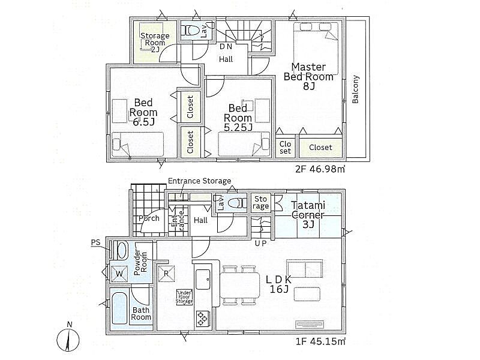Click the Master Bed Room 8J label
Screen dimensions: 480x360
click(x=308, y=77)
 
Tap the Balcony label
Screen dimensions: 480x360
click(x=355, y=89)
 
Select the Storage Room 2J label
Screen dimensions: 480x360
click(x=155, y=43)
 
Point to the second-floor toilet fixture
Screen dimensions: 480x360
click(x=191, y=31)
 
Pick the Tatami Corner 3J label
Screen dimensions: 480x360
click(x=308, y=215)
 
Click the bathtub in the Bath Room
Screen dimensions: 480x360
click(x=119, y=308)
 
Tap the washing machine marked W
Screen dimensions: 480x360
click(x=119, y=274)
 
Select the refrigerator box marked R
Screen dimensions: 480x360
click(x=167, y=273)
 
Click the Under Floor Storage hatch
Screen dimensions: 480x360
click(x=185, y=297)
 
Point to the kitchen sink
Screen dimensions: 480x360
click(x=203, y=279)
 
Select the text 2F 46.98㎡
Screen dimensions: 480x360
click(x=320, y=169)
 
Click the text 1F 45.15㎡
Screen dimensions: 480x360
click(x=321, y=341)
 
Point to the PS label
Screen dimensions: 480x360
click(x=96, y=243)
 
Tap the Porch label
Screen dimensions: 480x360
click(x=149, y=218)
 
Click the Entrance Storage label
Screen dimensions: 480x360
click(x=200, y=181)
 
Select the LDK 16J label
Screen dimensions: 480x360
click(x=279, y=284)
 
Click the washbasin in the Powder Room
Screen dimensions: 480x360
click(x=122, y=250)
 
